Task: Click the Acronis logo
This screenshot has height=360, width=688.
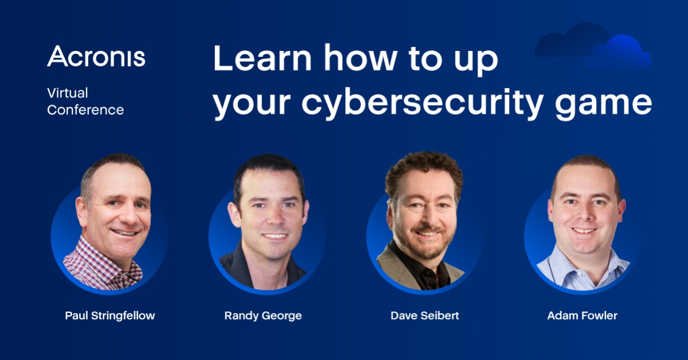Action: click(x=96, y=56)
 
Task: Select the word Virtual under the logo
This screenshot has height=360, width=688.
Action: click(x=68, y=93)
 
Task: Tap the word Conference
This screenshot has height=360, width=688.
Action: click(x=85, y=110)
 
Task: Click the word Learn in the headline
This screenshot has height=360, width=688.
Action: click(x=263, y=58)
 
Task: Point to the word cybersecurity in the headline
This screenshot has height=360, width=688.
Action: click(x=423, y=102)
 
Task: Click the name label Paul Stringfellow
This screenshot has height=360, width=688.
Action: click(x=110, y=316)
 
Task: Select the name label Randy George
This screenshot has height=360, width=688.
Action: click(x=263, y=316)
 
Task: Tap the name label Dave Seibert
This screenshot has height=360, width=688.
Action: click(x=425, y=315)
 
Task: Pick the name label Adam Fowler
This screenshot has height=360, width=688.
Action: click(x=583, y=315)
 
